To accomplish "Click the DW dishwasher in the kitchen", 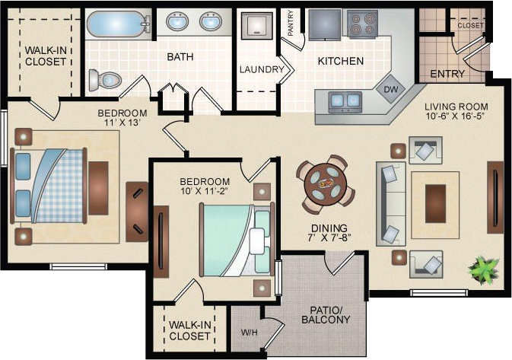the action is (390, 89).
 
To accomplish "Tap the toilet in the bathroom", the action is (104, 80).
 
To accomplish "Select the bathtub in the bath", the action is (118, 24).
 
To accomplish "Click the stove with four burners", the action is (362, 23).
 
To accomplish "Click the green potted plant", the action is (484, 269).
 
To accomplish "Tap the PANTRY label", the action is (291, 23).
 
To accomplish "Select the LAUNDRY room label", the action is (262, 69).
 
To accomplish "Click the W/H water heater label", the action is (249, 333).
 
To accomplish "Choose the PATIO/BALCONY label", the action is (326, 314).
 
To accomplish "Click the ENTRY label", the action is (447, 74).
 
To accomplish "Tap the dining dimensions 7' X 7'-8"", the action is (329, 237).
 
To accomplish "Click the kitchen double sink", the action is (345, 101).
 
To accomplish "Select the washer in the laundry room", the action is (256, 26).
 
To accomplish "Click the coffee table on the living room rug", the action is (435, 203).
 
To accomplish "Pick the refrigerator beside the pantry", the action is (325, 24).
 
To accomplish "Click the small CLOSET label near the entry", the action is (470, 25).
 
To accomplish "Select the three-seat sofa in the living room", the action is (391, 203).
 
